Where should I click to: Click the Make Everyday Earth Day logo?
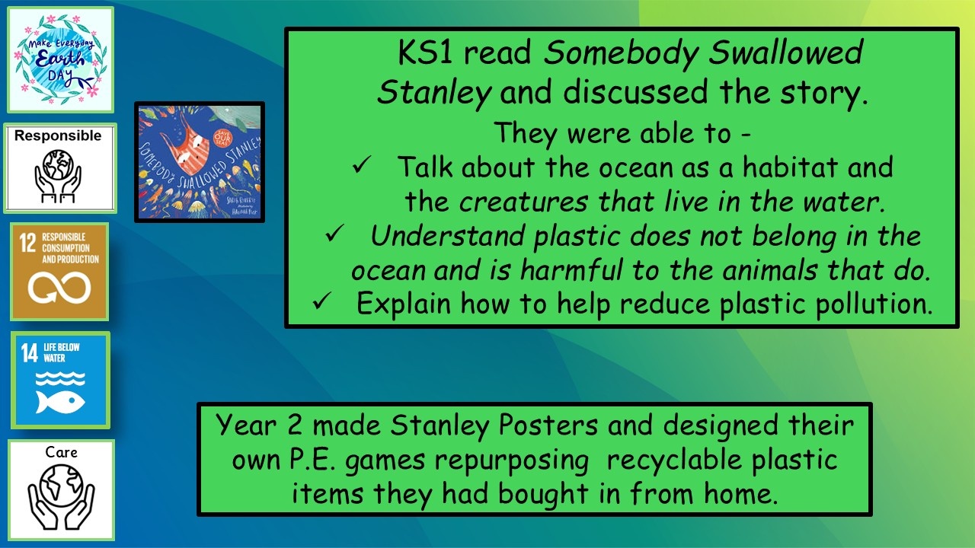coord(60,59)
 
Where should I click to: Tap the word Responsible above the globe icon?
coord(58,135)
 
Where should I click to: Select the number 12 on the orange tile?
coord(27,242)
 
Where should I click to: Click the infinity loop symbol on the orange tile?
coord(59,287)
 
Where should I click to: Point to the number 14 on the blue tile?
coord(30,352)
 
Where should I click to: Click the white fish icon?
coord(60,402)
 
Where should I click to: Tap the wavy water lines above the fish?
coord(60,379)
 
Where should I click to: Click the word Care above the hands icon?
coord(61,452)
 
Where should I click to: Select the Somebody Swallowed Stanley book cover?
coord(200,162)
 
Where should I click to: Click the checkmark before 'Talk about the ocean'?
coord(362,164)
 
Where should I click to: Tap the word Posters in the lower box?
coord(548,425)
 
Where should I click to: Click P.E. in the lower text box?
coord(312,460)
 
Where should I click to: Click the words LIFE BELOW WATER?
coord(62,352)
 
